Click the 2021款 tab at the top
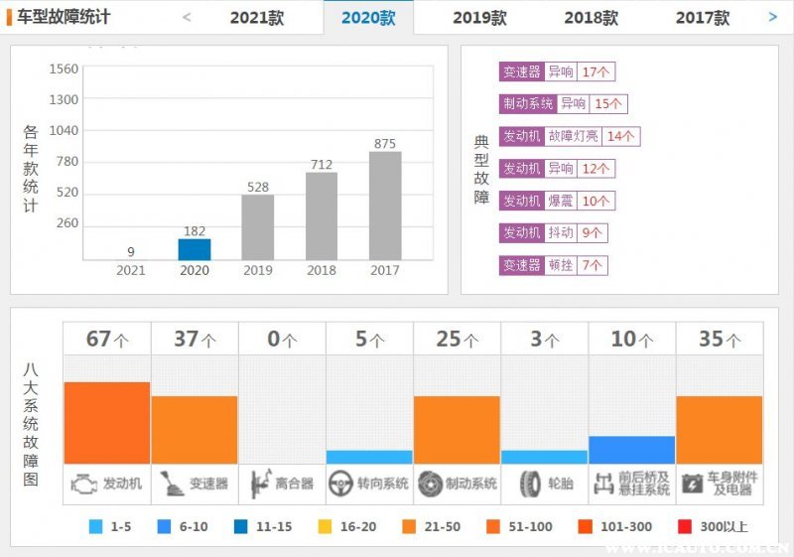[x=258, y=18]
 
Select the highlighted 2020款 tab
[x=368, y=18]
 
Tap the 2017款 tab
[x=703, y=18]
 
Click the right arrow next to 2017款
[x=773, y=17]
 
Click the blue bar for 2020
[x=195, y=249]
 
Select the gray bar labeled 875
[x=385, y=206]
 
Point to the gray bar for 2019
[x=258, y=227]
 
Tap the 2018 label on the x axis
[x=322, y=270]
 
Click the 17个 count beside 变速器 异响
[x=596, y=71]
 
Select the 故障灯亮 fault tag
[x=573, y=136]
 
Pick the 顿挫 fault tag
[x=562, y=265]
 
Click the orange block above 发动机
[x=107, y=422]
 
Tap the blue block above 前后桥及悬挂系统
[x=631, y=450]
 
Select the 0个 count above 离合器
[x=282, y=339]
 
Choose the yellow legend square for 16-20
[x=324, y=526]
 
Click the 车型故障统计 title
[x=64, y=17]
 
